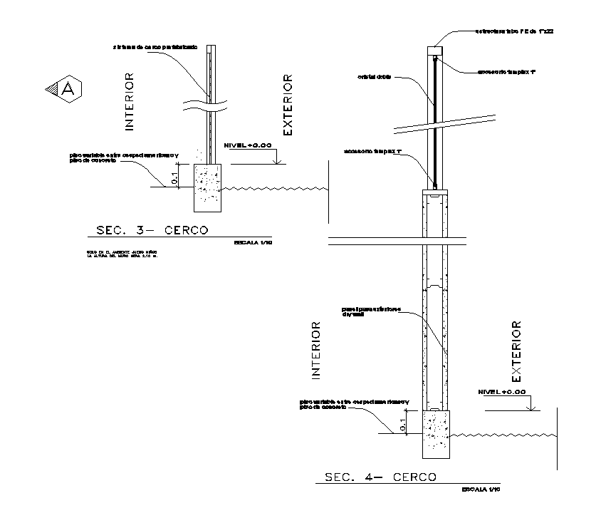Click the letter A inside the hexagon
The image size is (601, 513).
point(68,88)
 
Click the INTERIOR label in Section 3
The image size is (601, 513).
point(130,101)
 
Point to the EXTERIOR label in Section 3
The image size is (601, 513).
point(288,104)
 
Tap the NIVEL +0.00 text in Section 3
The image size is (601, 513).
point(247,145)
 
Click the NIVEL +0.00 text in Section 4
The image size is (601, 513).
point(502,392)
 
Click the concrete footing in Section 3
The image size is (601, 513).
point(208,187)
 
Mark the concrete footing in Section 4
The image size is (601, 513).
point(437,433)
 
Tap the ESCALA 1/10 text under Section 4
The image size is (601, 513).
point(482,489)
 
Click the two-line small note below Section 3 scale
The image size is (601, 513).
point(122,254)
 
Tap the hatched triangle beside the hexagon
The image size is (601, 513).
point(51,88)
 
